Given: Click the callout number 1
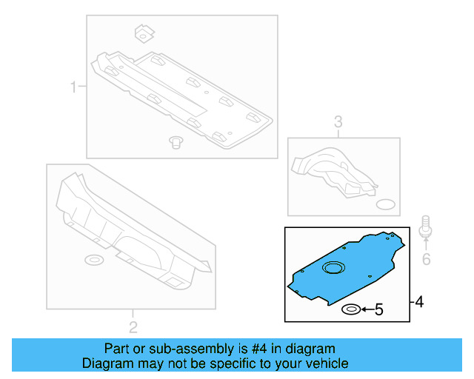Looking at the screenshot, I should pos(73,90).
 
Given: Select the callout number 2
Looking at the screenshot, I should pos(133,326).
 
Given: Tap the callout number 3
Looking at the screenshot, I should pos(338,122).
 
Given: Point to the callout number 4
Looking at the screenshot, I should pos(419,302).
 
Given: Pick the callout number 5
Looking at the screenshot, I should pos(378,309).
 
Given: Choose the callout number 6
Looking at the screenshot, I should pos(426,259).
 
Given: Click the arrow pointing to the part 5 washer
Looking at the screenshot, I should pos(366,309).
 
